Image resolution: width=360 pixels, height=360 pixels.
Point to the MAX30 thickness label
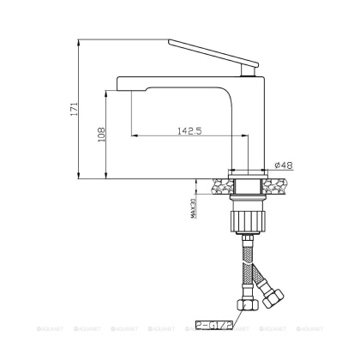point(195,206)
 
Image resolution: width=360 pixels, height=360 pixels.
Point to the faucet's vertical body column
point(246,120)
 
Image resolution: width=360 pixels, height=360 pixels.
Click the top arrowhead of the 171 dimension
point(80,41)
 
